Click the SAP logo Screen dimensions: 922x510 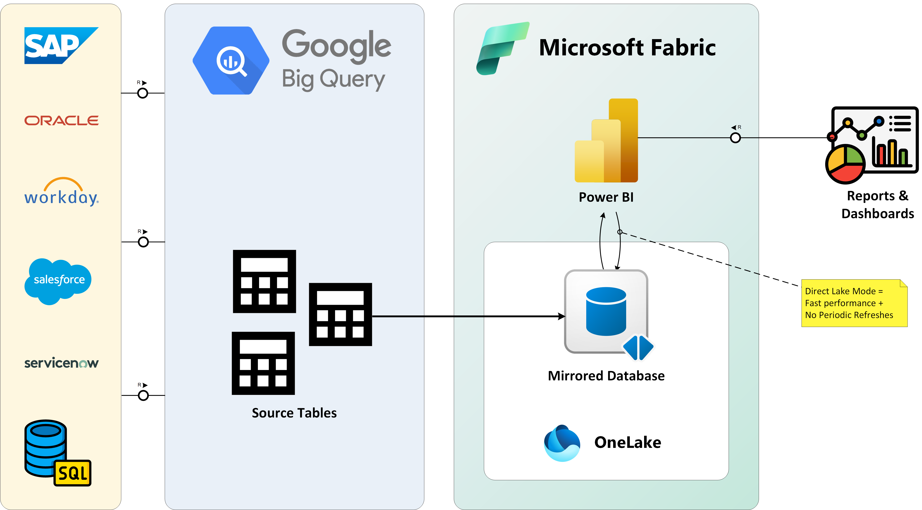61,45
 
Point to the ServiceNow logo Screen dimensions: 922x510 61,363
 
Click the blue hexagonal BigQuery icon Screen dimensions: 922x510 231,61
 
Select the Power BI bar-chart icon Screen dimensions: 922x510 606,140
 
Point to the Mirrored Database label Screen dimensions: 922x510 606,376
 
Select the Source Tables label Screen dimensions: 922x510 294,413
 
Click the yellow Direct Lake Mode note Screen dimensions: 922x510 854,303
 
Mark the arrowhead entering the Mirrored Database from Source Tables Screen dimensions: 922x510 562,316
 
